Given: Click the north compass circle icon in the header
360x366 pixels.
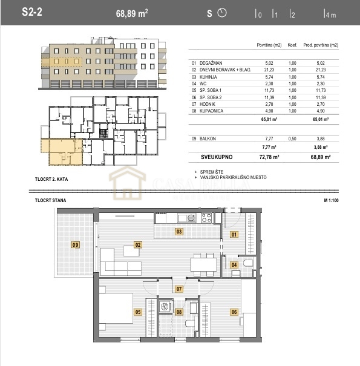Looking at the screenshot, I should coord(221,13).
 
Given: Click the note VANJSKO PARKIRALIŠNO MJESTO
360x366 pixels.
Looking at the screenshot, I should coord(233,177).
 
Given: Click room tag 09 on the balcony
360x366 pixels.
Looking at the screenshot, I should coord(76,245).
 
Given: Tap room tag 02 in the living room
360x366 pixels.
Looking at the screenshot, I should coord(138,245).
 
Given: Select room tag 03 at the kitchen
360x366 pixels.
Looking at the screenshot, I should coord(179,231).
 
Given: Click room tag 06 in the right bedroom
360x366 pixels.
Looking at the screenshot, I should coord(234,312).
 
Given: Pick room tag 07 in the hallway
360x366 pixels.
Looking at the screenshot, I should coord(179,289).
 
